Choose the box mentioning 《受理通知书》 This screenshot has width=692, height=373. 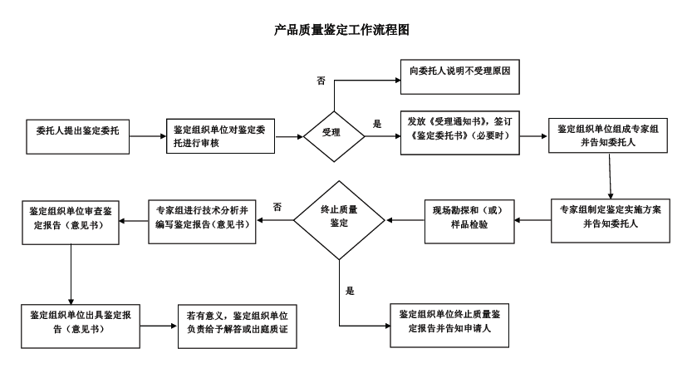point(459,131)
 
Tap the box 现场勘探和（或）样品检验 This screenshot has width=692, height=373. point(471,220)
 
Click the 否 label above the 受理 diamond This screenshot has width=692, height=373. point(321,80)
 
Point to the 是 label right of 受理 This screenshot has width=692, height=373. point(377,124)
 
